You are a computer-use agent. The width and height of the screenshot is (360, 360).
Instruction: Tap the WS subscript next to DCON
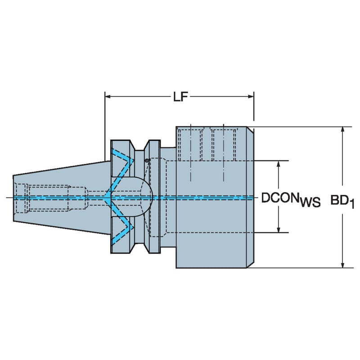click(x=310, y=202)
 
